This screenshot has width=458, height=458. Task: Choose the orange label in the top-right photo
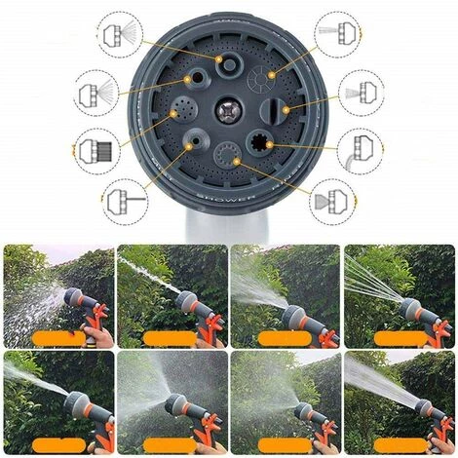pos(401,337)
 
